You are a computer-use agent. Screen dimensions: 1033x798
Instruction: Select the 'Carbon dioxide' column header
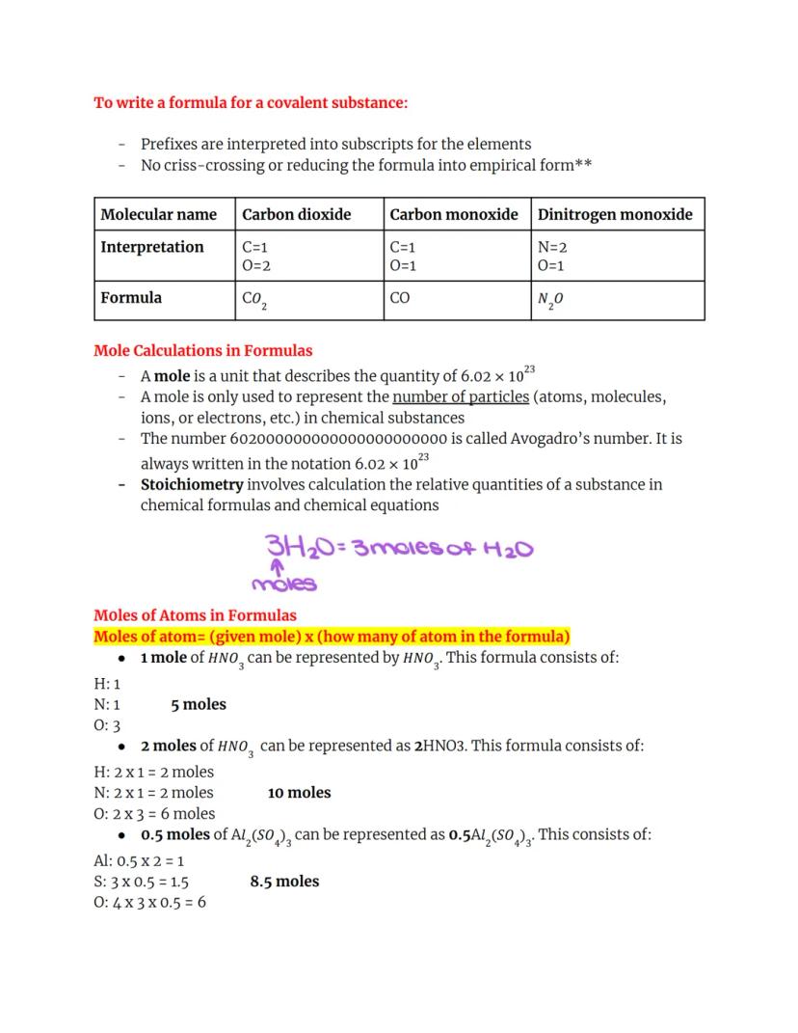coord(297,214)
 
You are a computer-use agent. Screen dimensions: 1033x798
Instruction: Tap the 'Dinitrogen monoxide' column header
coord(615,214)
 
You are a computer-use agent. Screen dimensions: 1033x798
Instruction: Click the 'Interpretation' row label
coord(152,247)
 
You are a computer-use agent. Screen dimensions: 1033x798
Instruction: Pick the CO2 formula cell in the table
coord(254,300)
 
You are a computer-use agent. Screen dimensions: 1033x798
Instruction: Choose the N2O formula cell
coord(550,300)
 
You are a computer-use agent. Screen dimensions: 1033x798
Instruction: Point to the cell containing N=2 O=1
coord(552,256)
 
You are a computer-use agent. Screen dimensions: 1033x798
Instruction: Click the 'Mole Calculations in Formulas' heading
coord(202,351)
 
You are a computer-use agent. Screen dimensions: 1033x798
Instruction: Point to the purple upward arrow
coord(269,568)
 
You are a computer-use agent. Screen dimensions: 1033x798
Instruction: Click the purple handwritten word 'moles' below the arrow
coord(283,584)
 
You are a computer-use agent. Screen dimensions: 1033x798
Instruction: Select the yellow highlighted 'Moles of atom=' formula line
coord(332,637)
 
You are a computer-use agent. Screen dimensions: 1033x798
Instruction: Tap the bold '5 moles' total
coord(199,704)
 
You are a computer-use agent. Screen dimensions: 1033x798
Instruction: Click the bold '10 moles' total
coord(299,793)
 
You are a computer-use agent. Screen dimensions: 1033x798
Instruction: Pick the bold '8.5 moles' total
coord(284,881)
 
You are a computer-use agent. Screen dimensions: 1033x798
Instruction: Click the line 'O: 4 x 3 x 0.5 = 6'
coord(149,902)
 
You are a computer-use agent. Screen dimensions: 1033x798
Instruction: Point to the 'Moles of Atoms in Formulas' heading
coord(195,615)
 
